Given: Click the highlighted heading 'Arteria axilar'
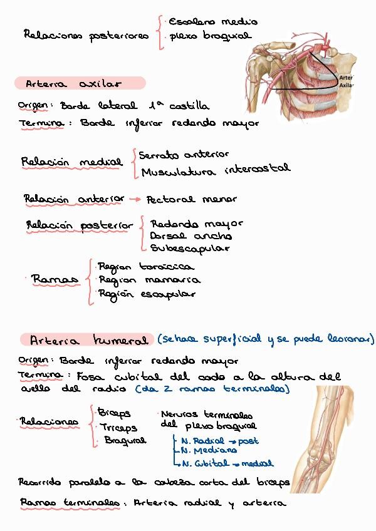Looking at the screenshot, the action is click(x=74, y=83).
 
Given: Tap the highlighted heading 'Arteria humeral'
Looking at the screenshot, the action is click(x=88, y=340).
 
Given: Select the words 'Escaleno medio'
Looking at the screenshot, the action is click(x=204, y=22).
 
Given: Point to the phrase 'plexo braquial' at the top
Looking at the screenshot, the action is click(x=209, y=36).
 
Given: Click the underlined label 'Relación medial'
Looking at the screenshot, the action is click(x=71, y=162).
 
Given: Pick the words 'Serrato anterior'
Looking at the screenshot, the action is click(x=184, y=154).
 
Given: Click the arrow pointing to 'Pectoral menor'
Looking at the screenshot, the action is click(x=134, y=200).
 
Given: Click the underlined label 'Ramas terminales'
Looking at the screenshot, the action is click(x=70, y=502).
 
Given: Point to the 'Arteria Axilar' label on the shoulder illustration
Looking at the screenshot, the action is click(x=347, y=81).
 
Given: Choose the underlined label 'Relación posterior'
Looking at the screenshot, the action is click(x=80, y=225).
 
